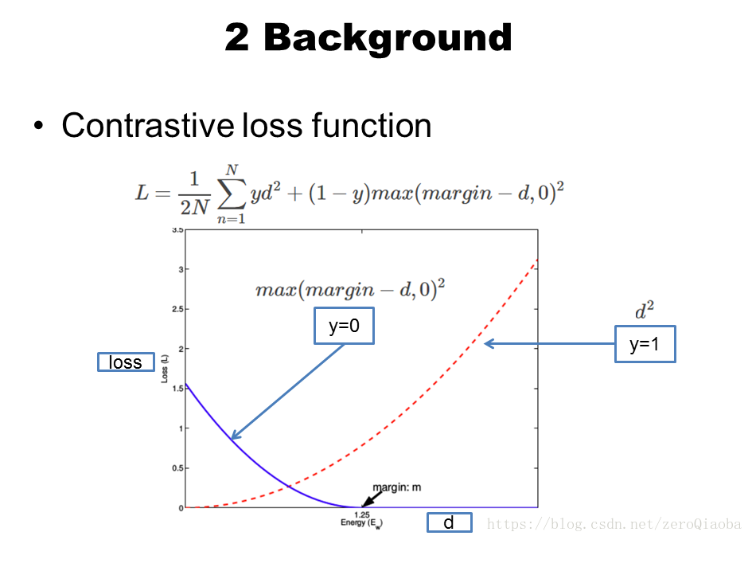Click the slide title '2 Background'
coord(368,37)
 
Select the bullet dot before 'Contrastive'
coord(38,127)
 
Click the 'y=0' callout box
coord(344,327)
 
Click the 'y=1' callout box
coord(645,344)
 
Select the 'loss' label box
coord(126,362)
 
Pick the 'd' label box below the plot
coord(449,522)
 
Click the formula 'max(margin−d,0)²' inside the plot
coord(349,288)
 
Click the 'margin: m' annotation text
coord(397,487)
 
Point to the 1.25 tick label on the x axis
coord(360,514)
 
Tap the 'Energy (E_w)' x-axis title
coord(360,523)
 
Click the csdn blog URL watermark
coord(614,524)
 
